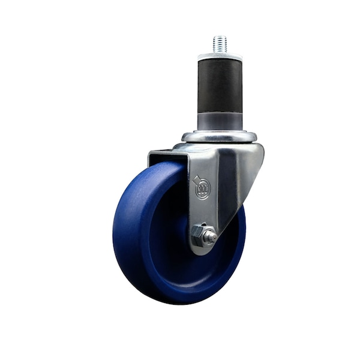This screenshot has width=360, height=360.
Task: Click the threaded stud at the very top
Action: pyautogui.click(x=220, y=44)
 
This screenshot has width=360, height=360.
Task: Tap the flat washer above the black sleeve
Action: pyautogui.click(x=220, y=56)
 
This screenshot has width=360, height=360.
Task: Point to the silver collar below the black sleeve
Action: pyautogui.click(x=220, y=119)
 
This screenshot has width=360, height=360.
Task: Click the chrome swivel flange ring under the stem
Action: pyautogui.click(x=220, y=137)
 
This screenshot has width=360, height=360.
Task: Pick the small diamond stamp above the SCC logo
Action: pyautogui.click(x=196, y=178)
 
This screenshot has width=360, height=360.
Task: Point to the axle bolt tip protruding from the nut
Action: pyautogui.click(x=211, y=237)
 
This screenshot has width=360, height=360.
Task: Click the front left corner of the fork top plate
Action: pyautogui.click(x=151, y=154)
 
